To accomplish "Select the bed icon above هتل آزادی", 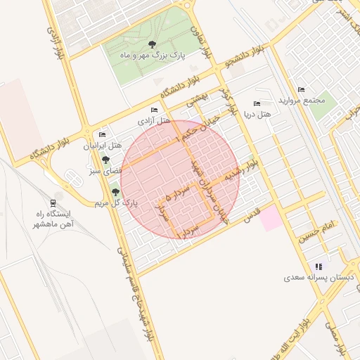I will (154, 110).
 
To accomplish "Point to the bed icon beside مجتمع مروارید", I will (302, 89).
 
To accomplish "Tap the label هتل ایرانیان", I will (103, 146).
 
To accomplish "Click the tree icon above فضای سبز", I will (105, 160).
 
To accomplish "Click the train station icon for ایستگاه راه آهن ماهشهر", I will (53, 202).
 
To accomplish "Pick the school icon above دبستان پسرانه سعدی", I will (319, 266).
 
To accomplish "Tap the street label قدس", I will (251, 214).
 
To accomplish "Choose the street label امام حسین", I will (318, 227).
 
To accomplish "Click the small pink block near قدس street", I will (270, 219).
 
